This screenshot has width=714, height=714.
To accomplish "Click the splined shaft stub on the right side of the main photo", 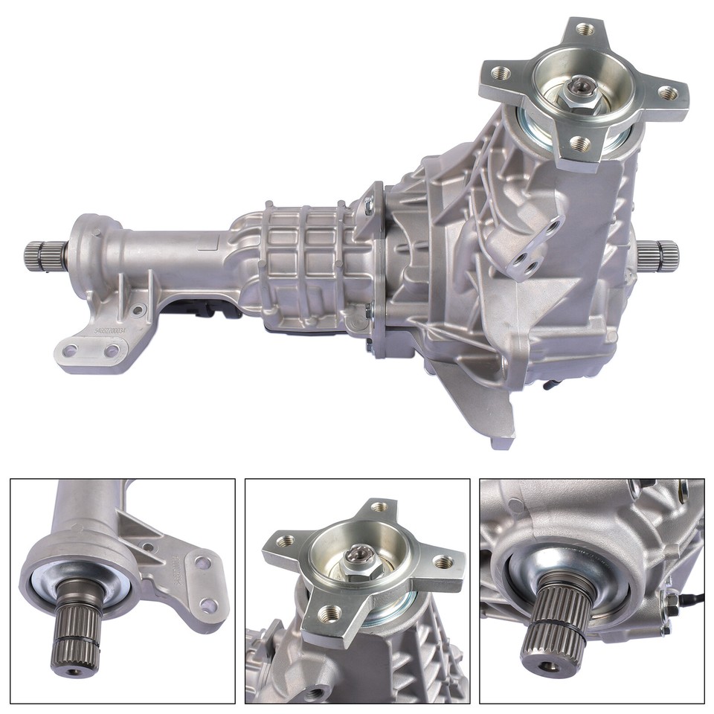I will point(661,254).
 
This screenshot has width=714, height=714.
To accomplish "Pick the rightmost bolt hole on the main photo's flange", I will point(669,92).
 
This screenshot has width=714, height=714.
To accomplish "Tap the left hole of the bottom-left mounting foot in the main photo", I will point(71,348).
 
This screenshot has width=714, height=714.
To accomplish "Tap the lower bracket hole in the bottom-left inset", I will point(209,605).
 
